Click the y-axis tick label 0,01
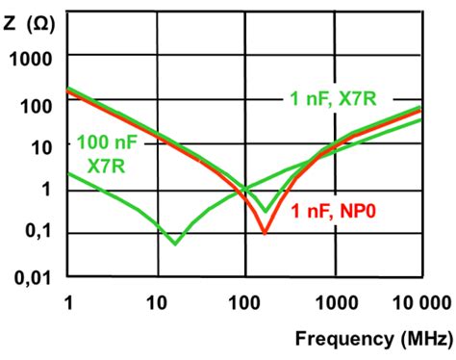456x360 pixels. coord(32,278)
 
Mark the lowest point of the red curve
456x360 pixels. coord(265,233)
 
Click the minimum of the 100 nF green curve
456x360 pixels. coord(174,244)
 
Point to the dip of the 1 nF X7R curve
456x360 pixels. coord(266,211)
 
